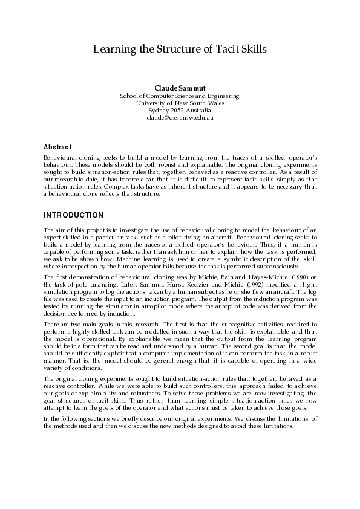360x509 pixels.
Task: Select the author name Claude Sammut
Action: click(x=180, y=88)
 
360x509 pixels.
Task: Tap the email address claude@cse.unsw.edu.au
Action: click(x=180, y=118)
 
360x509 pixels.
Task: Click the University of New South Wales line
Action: click(x=180, y=103)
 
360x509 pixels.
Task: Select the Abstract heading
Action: click(x=57, y=148)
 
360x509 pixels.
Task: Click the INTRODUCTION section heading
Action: click(x=74, y=215)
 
